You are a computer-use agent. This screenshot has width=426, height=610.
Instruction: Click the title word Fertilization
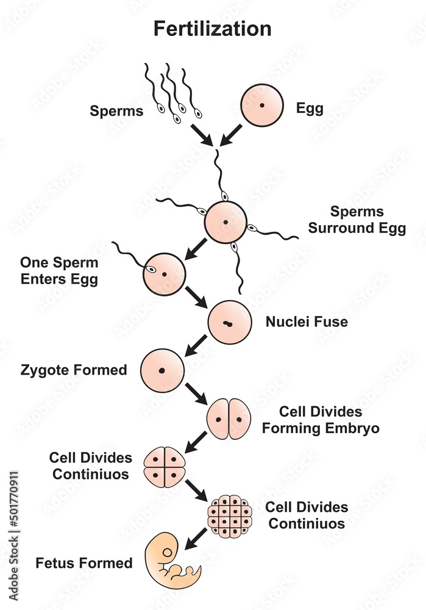212,29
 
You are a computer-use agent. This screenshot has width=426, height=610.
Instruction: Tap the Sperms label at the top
116,111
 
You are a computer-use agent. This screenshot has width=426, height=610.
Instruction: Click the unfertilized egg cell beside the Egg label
262,106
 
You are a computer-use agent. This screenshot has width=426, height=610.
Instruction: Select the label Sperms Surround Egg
357,220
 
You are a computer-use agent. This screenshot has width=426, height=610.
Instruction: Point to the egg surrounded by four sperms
225,222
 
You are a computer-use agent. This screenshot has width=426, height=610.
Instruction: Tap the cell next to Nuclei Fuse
229,322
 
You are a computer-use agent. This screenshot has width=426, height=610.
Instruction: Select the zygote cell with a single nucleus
162,370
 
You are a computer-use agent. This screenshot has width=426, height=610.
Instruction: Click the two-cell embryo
229,419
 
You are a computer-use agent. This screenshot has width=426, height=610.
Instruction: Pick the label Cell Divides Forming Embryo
321,420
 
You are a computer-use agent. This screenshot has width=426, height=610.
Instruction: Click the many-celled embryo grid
230,516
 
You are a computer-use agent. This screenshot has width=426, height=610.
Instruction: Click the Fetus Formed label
93,562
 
